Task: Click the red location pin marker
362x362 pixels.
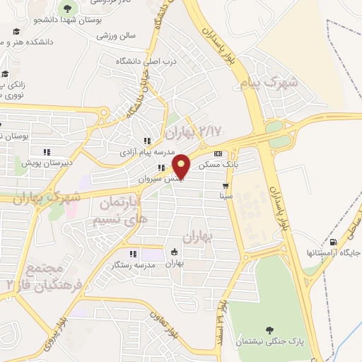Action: [182, 166]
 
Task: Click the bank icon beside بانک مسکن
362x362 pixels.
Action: [218, 154]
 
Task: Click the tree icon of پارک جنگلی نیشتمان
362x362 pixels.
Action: [269, 329]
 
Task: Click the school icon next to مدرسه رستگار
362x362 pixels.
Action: [132, 254]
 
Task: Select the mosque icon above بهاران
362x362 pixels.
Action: [174, 252]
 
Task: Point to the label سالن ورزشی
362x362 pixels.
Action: [117, 35]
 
